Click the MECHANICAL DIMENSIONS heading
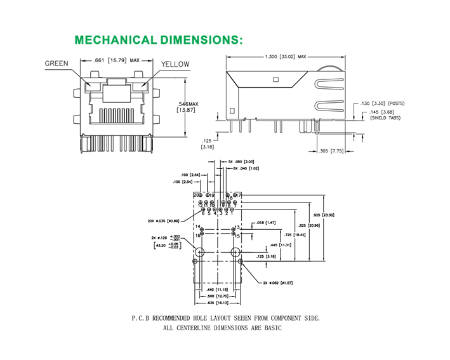[159, 40]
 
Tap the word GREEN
[56, 63]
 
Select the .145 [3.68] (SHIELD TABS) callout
[384, 115]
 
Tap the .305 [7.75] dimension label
[333, 151]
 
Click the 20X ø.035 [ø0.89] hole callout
[166, 221]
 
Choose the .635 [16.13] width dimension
[218, 303]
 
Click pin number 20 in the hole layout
[197, 194]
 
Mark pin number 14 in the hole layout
[198, 227]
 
